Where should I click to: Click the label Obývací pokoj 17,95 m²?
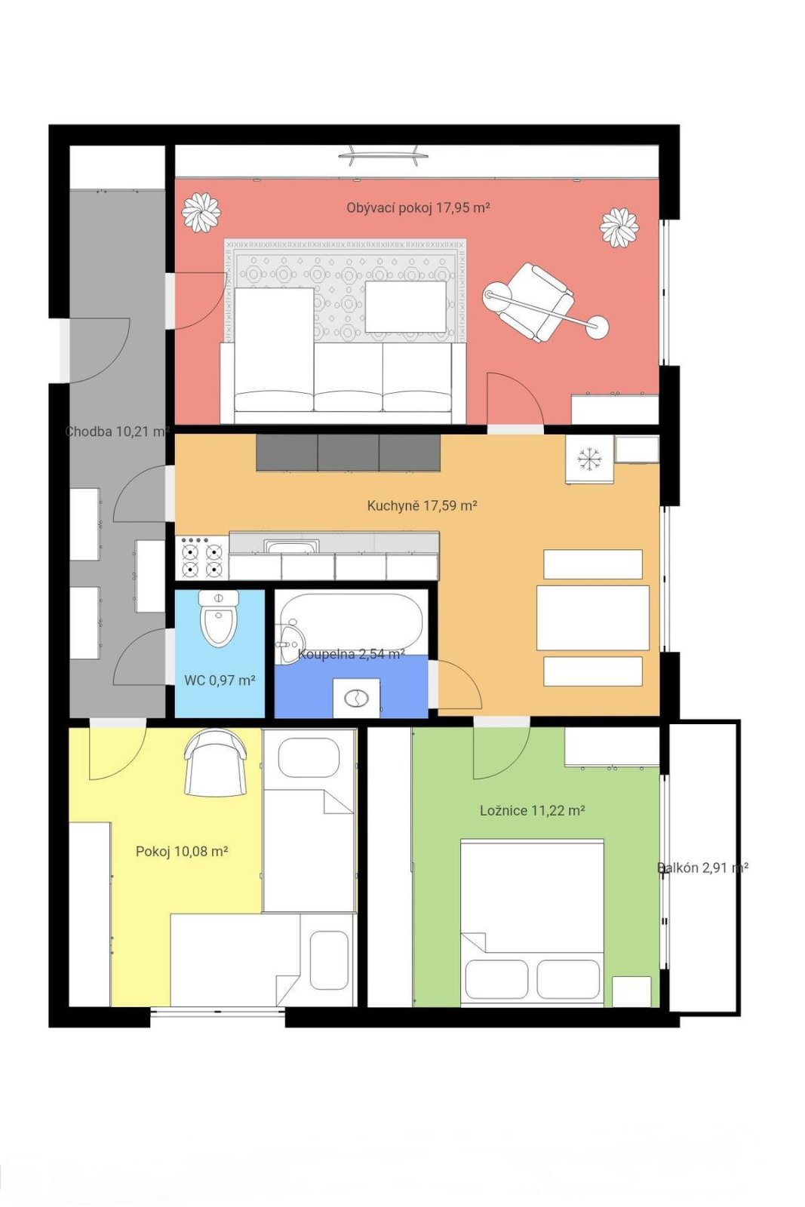point(418,208)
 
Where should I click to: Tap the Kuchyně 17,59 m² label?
point(422,505)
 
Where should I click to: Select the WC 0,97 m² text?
point(220,680)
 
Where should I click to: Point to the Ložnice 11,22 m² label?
point(533,810)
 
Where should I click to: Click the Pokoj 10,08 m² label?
point(182,852)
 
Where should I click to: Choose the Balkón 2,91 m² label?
point(703,868)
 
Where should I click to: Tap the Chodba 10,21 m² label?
point(118,431)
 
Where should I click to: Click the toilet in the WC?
point(219,618)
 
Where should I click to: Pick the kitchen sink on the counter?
point(291,546)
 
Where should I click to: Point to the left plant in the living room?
point(201,212)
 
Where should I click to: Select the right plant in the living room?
point(619,227)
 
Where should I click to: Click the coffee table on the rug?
point(406,306)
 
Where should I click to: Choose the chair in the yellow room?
point(216,762)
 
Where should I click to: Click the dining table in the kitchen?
point(593,618)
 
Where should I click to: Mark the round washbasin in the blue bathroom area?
point(355,699)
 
